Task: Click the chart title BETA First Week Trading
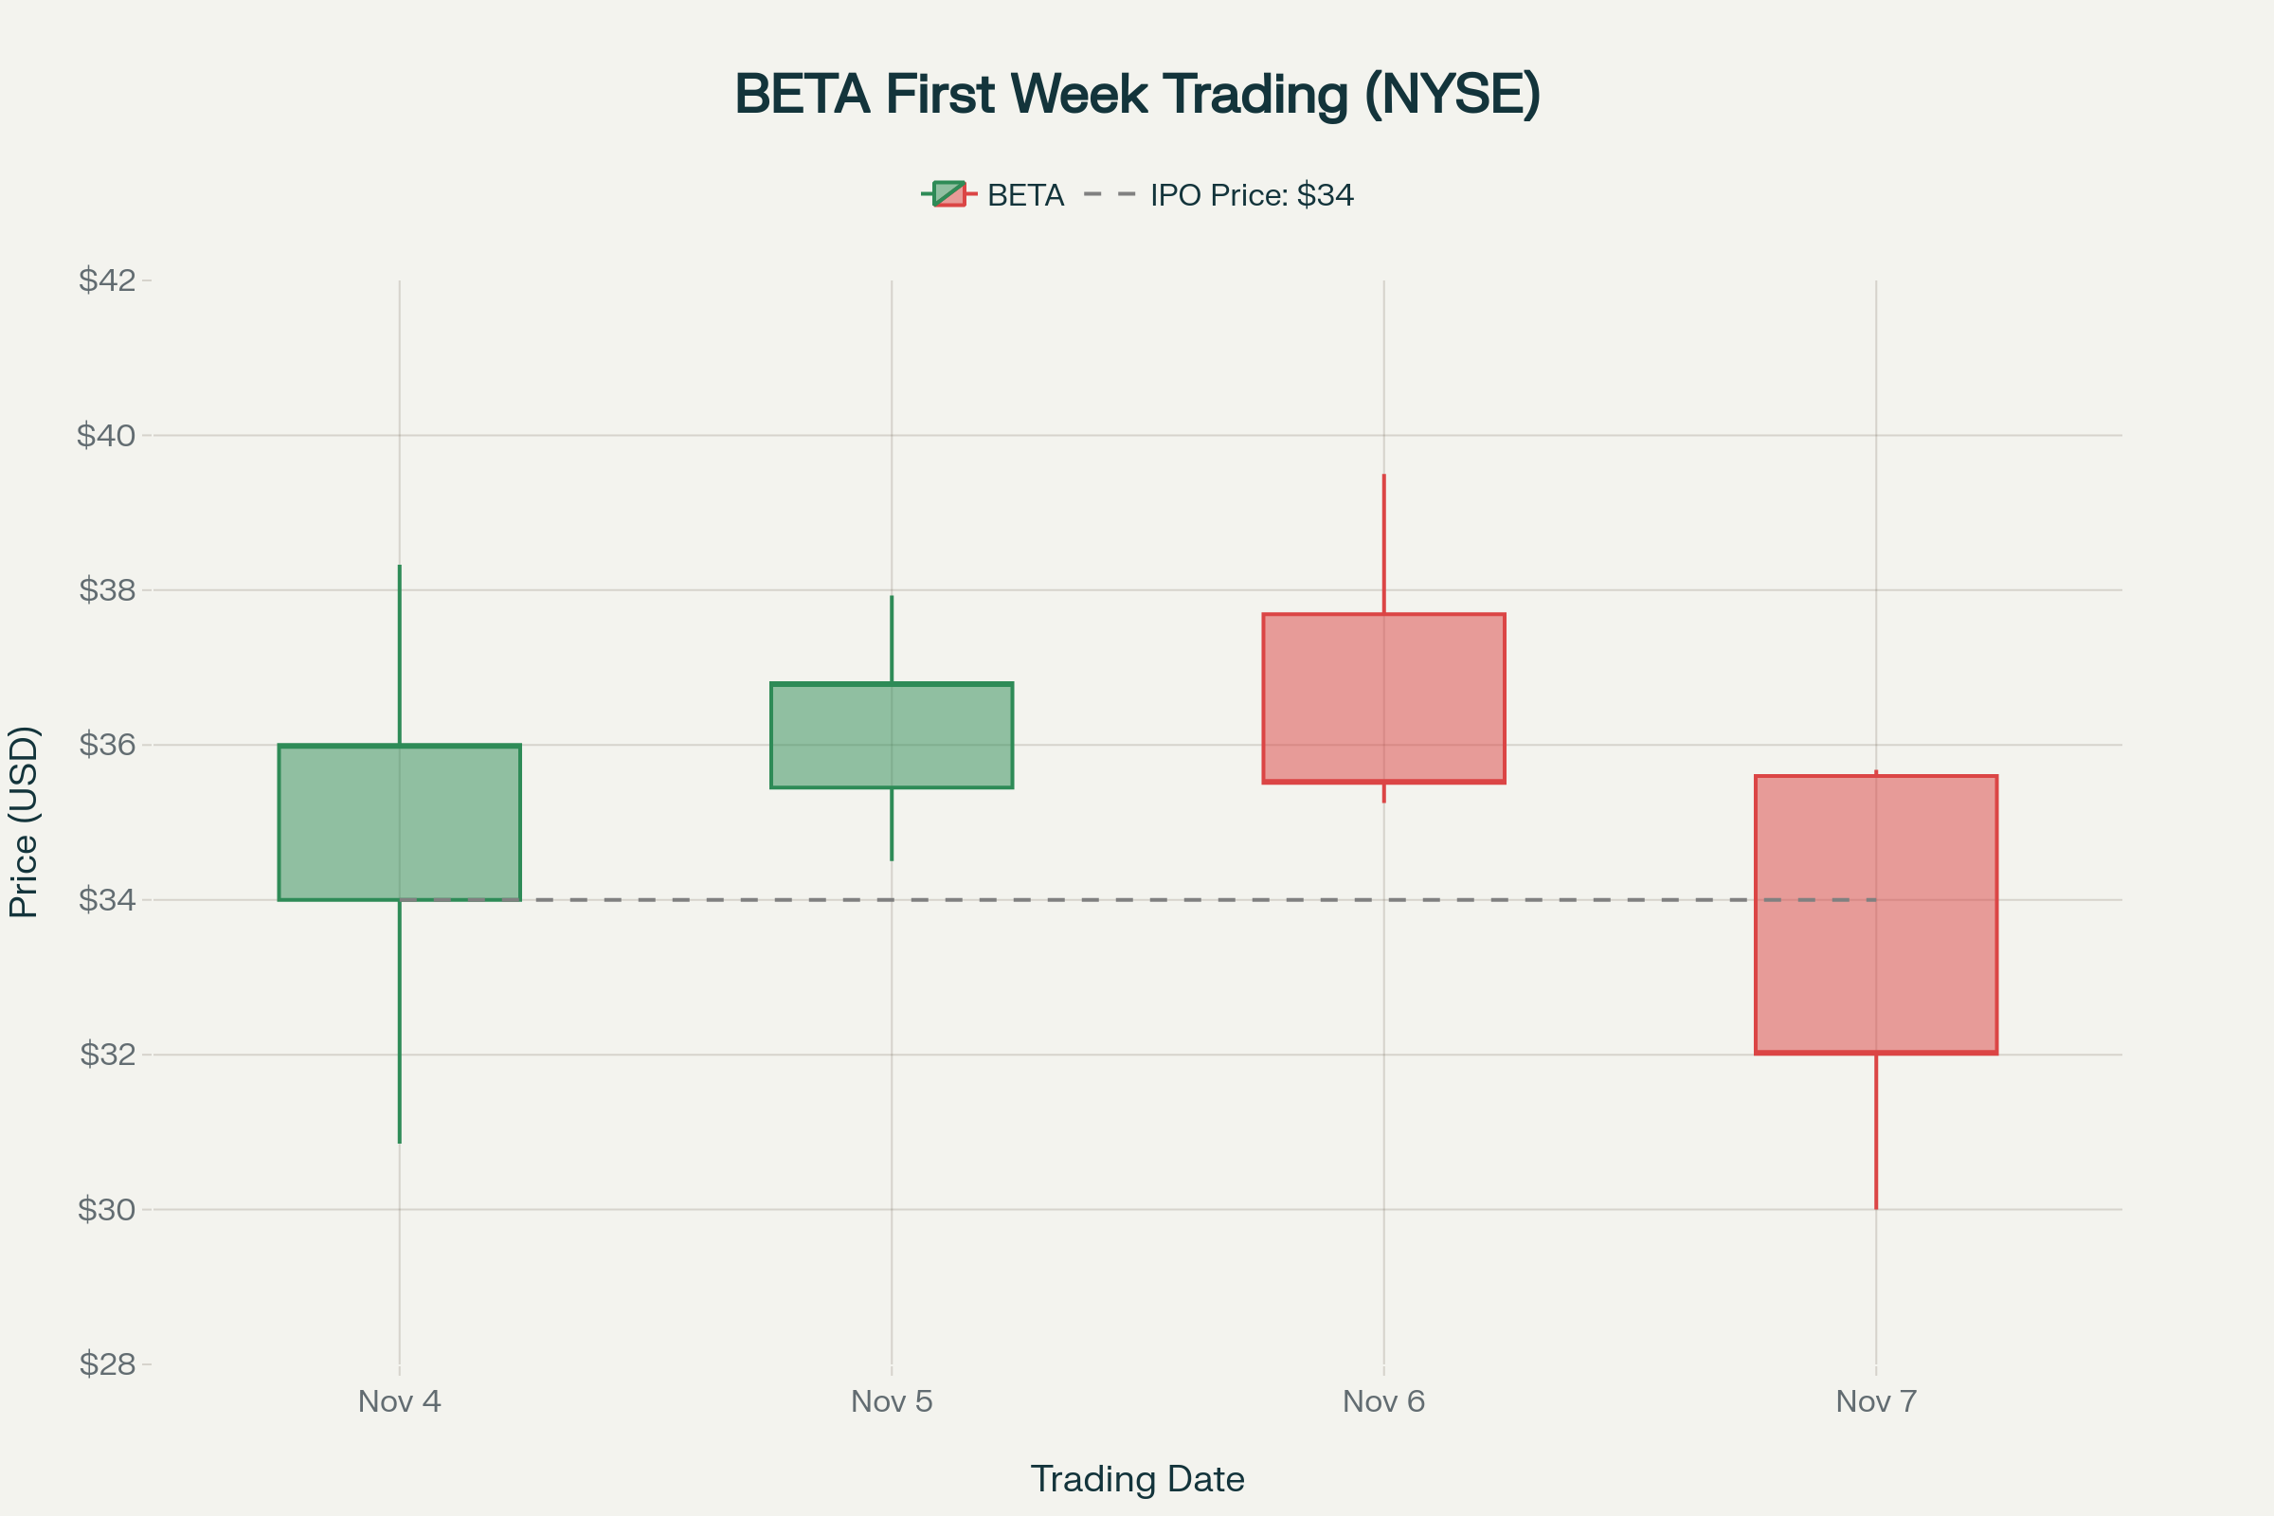pyautogui.click(x=1137, y=94)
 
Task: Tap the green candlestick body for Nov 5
pyautogui.click(x=892, y=736)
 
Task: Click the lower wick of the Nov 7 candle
pyautogui.click(x=1876, y=1131)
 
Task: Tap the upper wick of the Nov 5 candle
pyautogui.click(x=892, y=639)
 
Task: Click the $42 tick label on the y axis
pyautogui.click(x=107, y=280)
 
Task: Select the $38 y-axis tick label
pyautogui.click(x=107, y=589)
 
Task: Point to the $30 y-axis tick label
pyautogui.click(x=107, y=1209)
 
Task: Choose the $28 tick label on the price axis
pyautogui.click(x=107, y=1364)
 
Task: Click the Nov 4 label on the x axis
pyautogui.click(x=399, y=1401)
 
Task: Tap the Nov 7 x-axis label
pyautogui.click(x=1876, y=1401)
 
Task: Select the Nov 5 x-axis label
pyautogui.click(x=892, y=1401)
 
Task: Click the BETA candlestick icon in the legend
pyautogui.click(x=948, y=194)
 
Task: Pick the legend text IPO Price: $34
pyautogui.click(x=1251, y=195)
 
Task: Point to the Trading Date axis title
pyautogui.click(x=1137, y=1479)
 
